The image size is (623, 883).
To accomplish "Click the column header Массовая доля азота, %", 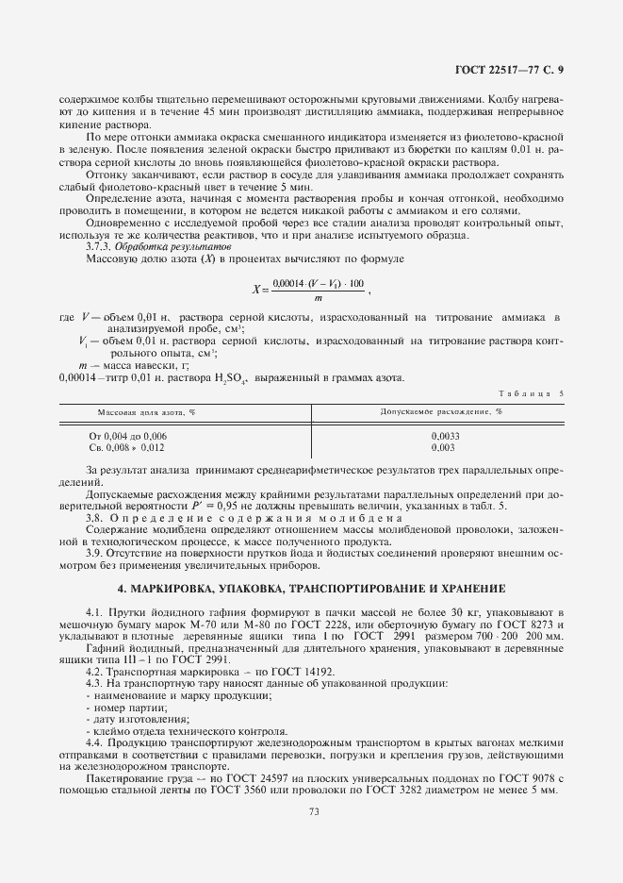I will [x=146, y=412].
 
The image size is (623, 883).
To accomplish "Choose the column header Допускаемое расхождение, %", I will [x=441, y=412].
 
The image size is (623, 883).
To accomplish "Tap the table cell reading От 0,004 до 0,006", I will [x=127, y=436].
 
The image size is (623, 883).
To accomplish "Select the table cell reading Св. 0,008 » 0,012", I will [x=127, y=448].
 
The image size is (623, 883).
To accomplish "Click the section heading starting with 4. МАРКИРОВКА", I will [x=310, y=589].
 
